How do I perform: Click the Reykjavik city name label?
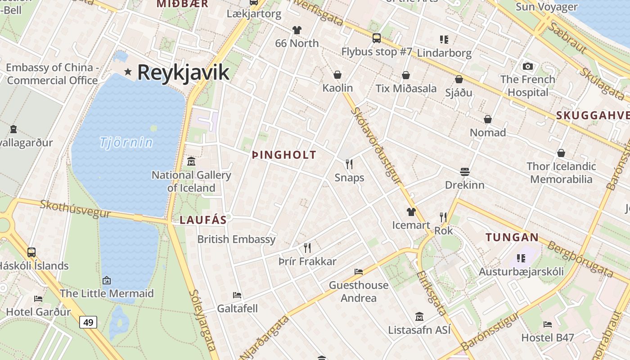(x=183, y=72)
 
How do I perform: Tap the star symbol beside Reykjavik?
(x=128, y=72)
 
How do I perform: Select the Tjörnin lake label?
(x=126, y=143)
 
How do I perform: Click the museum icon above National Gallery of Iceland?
(x=191, y=161)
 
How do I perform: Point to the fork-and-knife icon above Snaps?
(x=349, y=164)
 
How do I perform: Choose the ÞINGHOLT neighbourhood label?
(x=284, y=155)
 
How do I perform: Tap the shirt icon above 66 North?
(x=297, y=30)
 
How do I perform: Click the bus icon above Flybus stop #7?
(x=377, y=38)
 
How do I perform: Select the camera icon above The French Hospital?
(x=528, y=67)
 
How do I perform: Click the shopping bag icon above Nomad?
(x=488, y=119)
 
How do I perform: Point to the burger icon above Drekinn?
(x=465, y=171)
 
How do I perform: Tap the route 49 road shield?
(x=88, y=322)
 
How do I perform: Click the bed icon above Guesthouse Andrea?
(x=359, y=271)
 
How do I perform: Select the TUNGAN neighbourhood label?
(x=512, y=237)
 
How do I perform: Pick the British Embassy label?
(x=236, y=239)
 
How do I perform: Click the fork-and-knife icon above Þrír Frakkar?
(x=307, y=247)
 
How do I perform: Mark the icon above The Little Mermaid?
(x=107, y=280)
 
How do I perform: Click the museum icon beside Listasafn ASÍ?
(x=419, y=317)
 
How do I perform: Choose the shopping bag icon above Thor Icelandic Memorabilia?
(x=561, y=153)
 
